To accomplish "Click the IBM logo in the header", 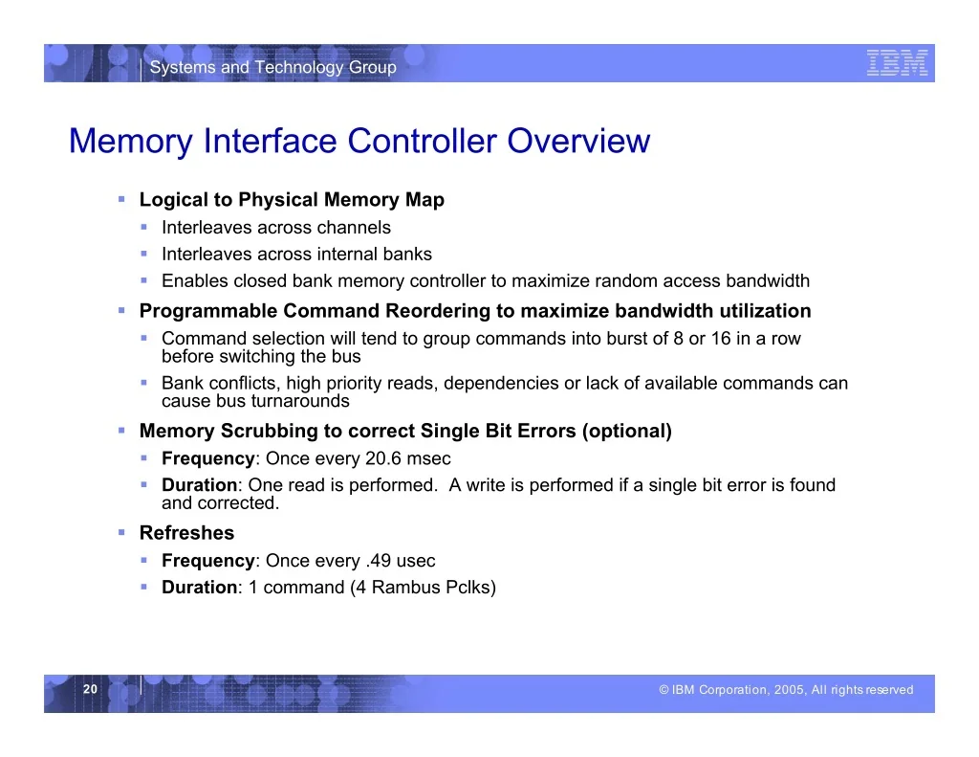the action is tap(897, 63).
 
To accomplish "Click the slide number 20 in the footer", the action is tap(91, 689).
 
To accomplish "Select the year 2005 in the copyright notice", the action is tap(790, 689).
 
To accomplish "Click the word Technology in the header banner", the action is tap(299, 68).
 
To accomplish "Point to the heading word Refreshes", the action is tap(186, 533).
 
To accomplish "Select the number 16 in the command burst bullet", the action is tap(721, 338).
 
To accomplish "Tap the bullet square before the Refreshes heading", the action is tap(121, 532).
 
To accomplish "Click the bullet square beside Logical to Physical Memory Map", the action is tap(121, 199).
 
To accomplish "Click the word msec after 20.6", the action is tap(428, 458).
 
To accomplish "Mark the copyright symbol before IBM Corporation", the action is tap(664, 689).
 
